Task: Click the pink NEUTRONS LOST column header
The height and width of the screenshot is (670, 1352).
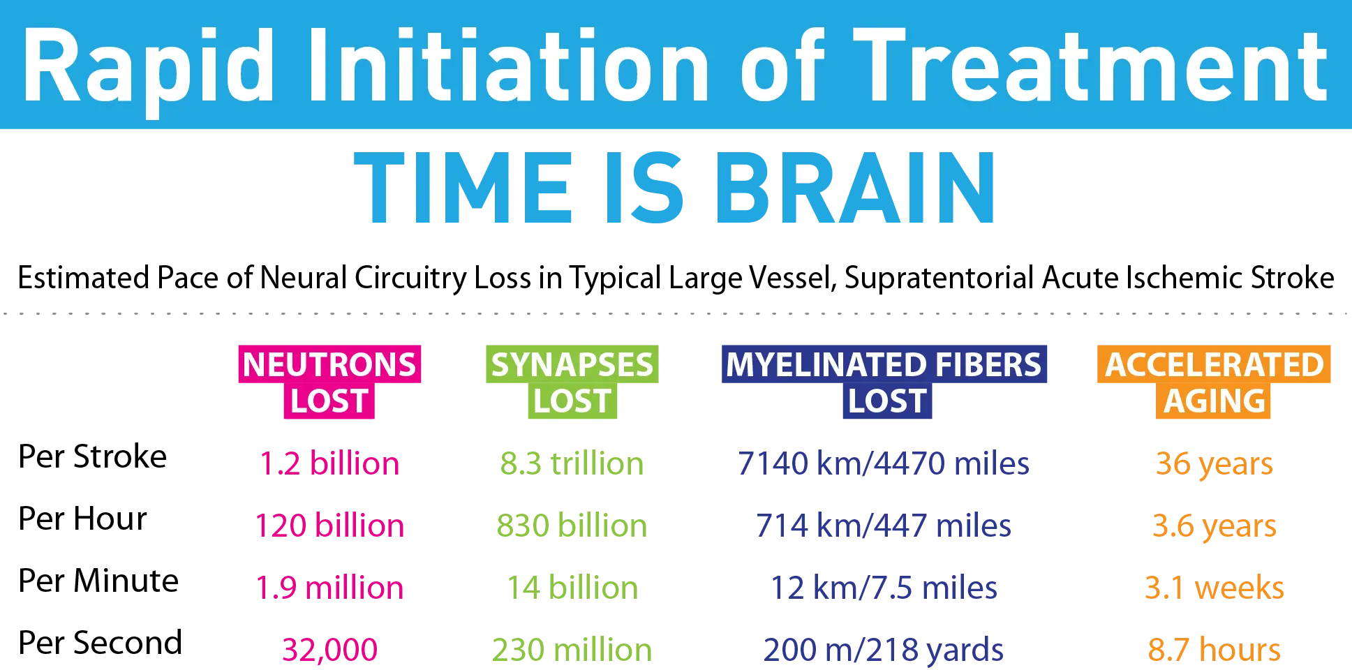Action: pos(329,382)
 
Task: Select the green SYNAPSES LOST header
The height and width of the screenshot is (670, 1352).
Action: pos(572,382)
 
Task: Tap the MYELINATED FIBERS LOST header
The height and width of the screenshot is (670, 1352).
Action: pos(884,382)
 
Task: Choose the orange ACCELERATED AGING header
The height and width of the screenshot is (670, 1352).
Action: pos(1214,382)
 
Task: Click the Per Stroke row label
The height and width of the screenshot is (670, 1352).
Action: pos(92,456)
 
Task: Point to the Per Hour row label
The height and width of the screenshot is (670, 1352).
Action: pos(82,519)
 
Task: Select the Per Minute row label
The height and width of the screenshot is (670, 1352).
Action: pos(98,581)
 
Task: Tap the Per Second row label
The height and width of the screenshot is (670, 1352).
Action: pos(100,643)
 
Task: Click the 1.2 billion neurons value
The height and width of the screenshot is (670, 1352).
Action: pos(329,463)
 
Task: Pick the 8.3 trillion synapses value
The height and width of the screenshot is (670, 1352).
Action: pos(572,463)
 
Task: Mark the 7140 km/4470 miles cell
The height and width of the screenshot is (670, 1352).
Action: pos(884,463)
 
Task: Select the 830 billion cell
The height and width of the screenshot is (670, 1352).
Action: pos(572,526)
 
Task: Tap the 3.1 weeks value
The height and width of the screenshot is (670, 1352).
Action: pos(1214,588)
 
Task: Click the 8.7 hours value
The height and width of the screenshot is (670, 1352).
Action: pos(1214,650)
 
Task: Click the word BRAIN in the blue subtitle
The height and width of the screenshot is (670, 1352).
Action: pos(855,188)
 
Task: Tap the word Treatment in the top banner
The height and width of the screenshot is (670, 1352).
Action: pos(1090,66)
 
